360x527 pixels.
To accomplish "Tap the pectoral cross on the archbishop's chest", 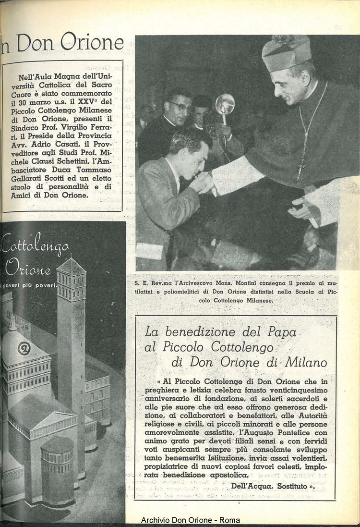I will (x=301, y=166).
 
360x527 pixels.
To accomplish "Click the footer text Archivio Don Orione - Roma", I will (x=191, y=520).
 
